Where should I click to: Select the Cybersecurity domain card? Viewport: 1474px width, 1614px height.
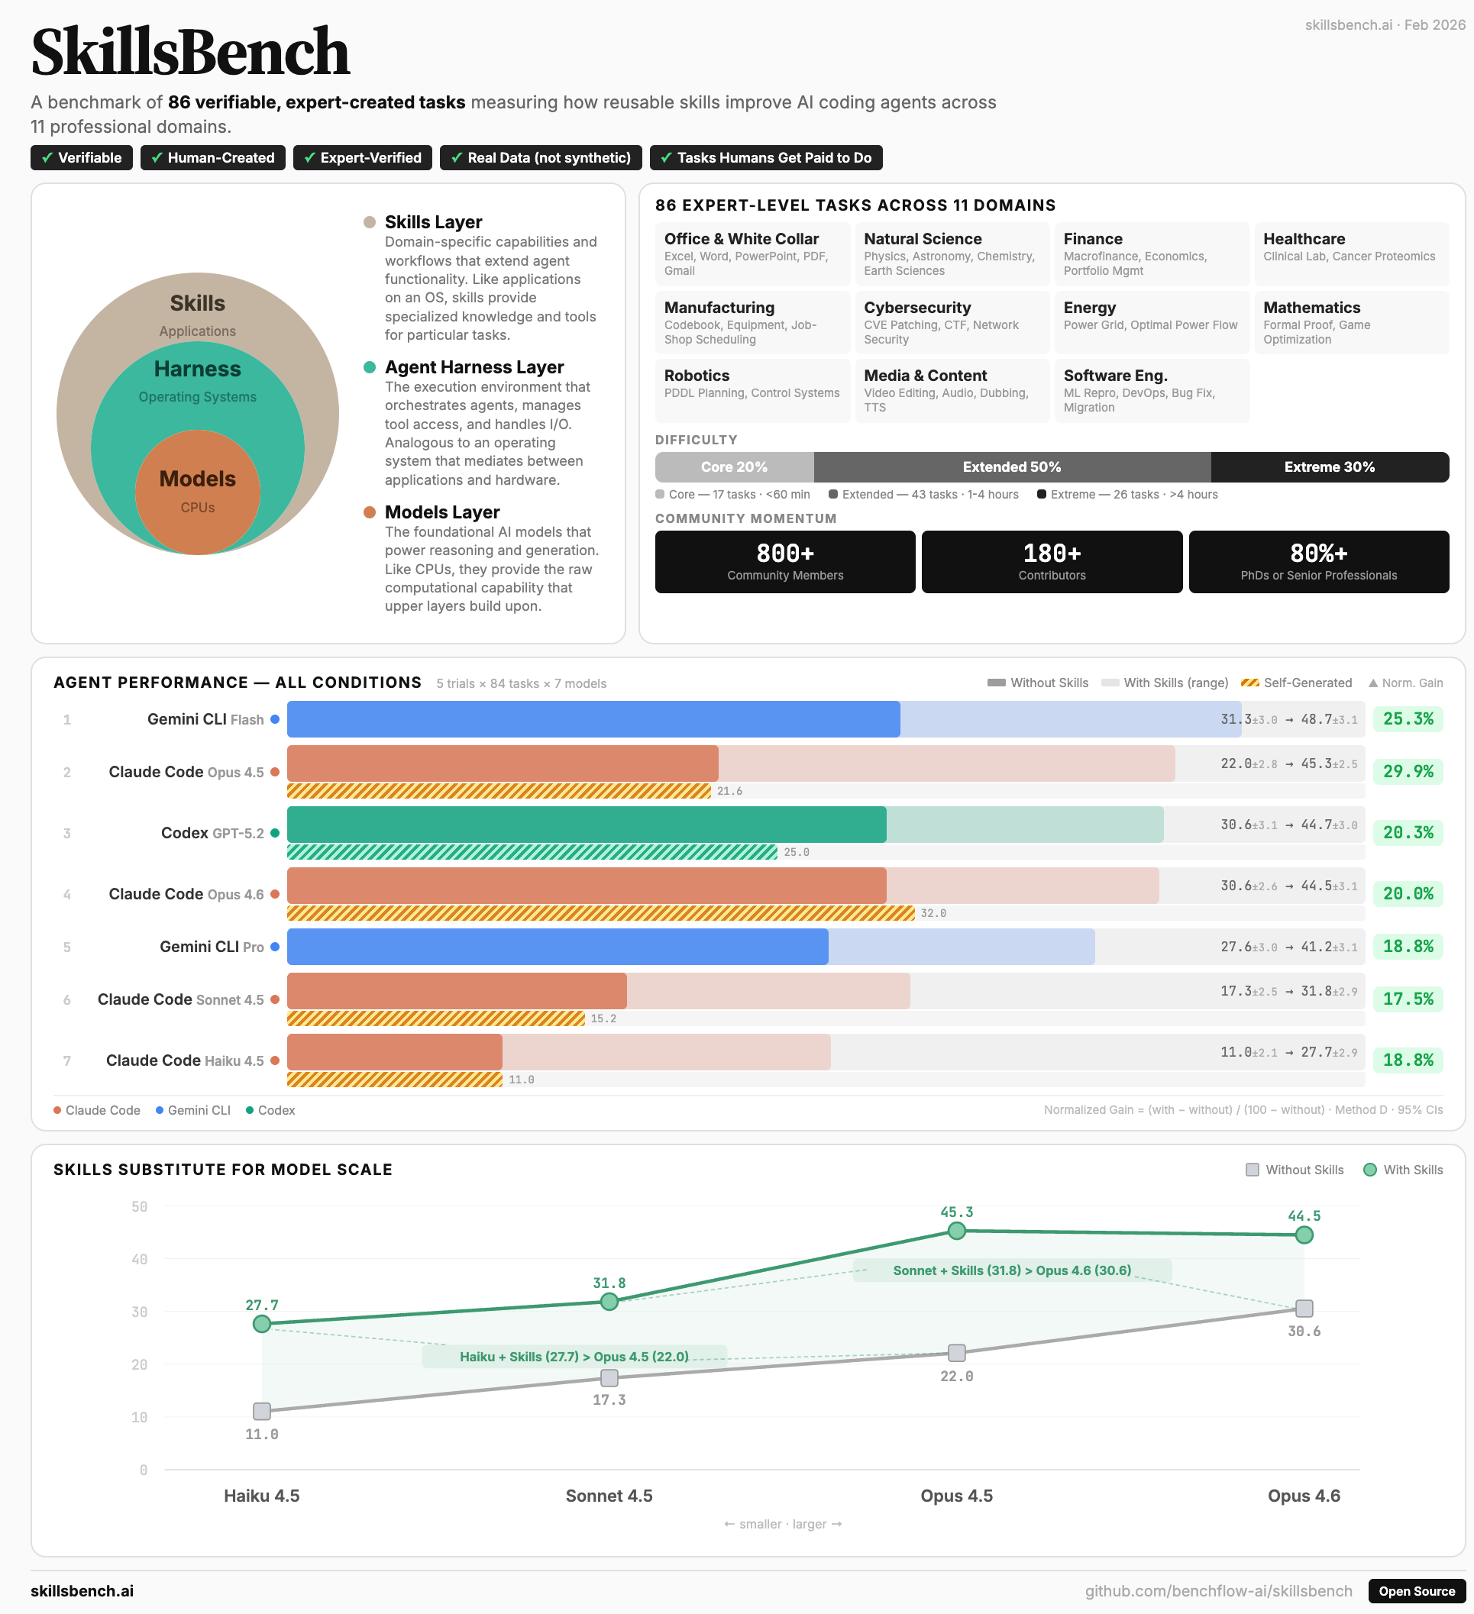pos(951,322)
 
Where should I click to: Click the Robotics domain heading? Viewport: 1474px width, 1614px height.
pos(697,376)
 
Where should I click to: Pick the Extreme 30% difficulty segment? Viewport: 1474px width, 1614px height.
pos(1328,466)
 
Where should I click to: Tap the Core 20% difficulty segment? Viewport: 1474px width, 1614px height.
pos(733,466)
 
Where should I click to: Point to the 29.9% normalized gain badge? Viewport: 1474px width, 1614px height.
pos(1408,771)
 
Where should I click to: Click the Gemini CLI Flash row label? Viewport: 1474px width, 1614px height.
pos(205,719)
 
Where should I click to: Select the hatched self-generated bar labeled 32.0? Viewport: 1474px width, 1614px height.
pos(600,912)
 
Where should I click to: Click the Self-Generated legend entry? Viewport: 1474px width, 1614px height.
pos(1296,683)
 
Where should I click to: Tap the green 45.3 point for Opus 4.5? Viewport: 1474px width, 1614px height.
pos(956,1231)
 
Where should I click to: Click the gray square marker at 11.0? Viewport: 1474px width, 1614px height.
pos(262,1411)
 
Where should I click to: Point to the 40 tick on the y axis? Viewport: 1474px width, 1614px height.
pos(139,1259)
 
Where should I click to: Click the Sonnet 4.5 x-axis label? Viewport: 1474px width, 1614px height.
pos(609,1496)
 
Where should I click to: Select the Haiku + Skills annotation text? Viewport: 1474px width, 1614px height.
pos(574,1356)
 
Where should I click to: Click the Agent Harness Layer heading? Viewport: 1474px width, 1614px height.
pos(474,366)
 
